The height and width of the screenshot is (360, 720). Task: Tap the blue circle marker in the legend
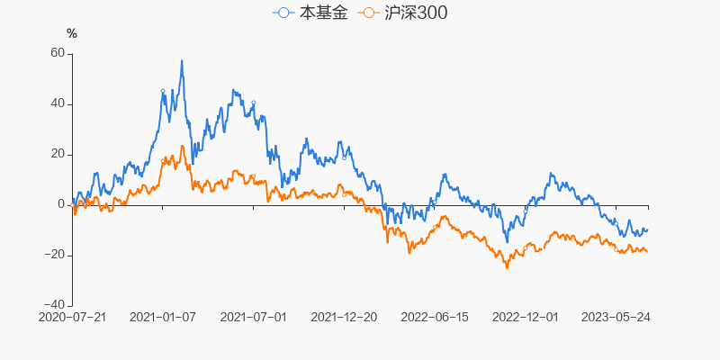point(283,13)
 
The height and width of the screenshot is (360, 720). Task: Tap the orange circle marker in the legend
point(368,13)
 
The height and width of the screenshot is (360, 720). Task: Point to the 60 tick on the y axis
point(58,53)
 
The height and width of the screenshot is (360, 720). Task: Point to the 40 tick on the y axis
point(58,103)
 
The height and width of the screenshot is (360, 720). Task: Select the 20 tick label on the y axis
point(58,154)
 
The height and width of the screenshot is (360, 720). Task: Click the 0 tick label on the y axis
point(61,204)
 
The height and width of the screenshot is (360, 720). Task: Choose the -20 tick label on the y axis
point(55,255)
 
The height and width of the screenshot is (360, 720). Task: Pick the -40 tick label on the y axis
point(55,305)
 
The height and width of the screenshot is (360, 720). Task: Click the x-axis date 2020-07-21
point(73,318)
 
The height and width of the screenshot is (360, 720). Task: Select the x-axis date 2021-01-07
point(163,318)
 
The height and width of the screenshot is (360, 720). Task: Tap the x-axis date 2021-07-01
point(253,318)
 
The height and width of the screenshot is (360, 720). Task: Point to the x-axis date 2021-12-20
point(344,318)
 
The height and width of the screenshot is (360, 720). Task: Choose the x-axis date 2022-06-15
point(435,318)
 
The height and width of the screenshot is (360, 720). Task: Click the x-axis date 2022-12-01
point(526,318)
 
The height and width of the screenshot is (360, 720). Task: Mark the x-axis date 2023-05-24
point(616,318)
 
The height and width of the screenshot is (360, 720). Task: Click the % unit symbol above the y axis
point(72,33)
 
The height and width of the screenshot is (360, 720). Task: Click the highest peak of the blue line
point(182,61)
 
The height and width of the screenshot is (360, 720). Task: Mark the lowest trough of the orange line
point(507,267)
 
